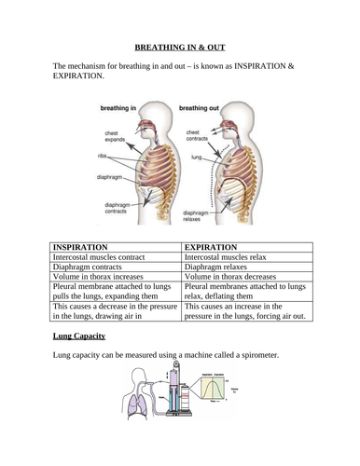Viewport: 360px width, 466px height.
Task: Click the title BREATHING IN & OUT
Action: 180,45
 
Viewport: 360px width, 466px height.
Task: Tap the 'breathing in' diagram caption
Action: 125,109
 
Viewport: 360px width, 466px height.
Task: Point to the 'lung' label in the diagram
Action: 197,158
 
